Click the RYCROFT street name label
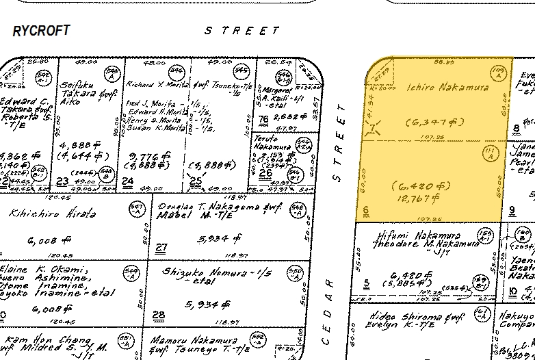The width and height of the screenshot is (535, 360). click(41, 31)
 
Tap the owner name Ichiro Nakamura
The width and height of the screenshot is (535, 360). click(439, 88)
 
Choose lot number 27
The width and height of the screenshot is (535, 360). click(161, 248)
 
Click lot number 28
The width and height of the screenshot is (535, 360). click(159, 316)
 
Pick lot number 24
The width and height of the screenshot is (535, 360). click(127, 181)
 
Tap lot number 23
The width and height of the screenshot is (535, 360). click(63, 181)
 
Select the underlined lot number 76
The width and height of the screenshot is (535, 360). click(263, 120)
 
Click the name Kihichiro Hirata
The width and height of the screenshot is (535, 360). click(52, 214)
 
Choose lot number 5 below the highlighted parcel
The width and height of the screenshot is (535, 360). click(367, 282)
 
